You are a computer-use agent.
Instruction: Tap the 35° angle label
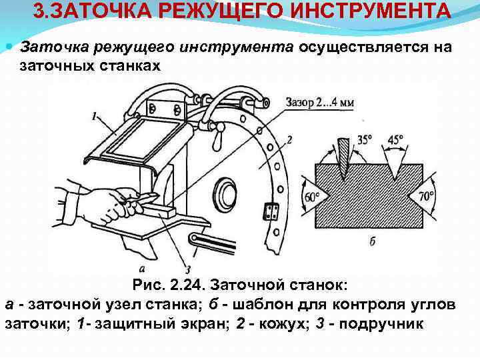tap(365, 141)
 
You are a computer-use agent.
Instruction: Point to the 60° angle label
tap(313, 197)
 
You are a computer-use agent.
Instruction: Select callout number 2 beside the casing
tap(288, 140)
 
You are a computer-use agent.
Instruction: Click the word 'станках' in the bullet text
tap(131, 65)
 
